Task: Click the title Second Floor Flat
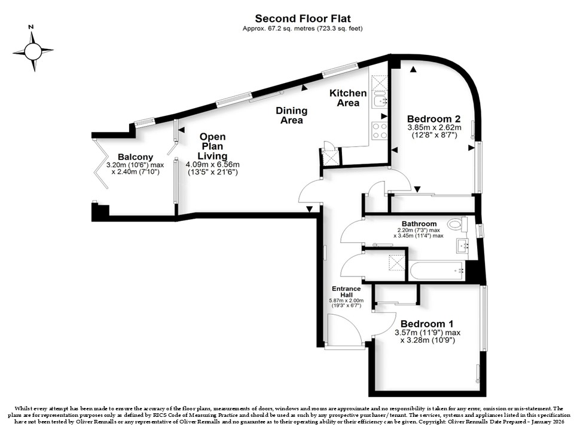303,19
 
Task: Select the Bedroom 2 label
434,119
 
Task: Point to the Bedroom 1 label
427,324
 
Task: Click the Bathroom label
419,224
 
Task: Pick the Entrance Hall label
346,292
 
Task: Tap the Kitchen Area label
348,98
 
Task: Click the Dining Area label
291,115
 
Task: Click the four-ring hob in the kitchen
380,131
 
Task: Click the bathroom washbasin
462,245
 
